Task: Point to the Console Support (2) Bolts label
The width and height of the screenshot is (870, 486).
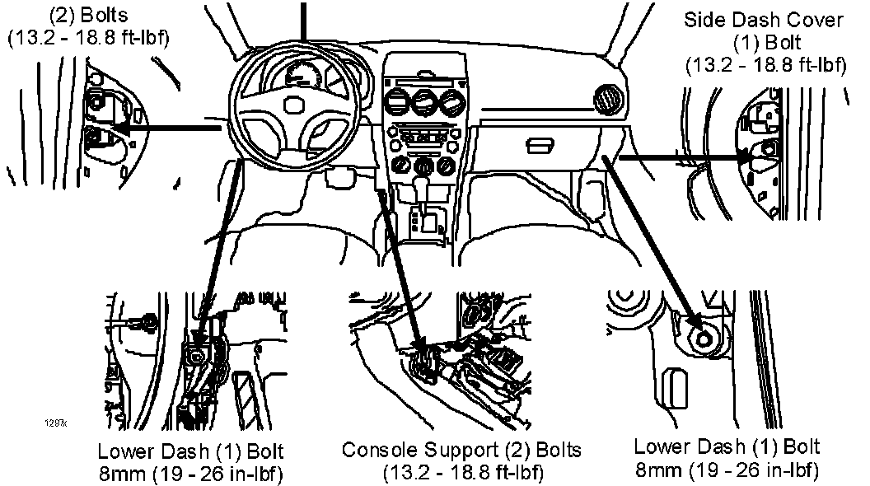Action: pyautogui.click(x=461, y=451)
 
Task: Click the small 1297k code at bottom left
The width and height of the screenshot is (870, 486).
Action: pyautogui.click(x=56, y=423)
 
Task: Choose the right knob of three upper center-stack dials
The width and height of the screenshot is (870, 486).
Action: pyautogui.click(x=451, y=105)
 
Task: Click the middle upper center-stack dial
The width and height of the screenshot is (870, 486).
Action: pyautogui.click(x=424, y=105)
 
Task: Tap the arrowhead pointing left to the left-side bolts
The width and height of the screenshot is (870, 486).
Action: pyautogui.click(x=121, y=130)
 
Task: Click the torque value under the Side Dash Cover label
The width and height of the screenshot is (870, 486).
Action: pyautogui.click(x=765, y=64)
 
